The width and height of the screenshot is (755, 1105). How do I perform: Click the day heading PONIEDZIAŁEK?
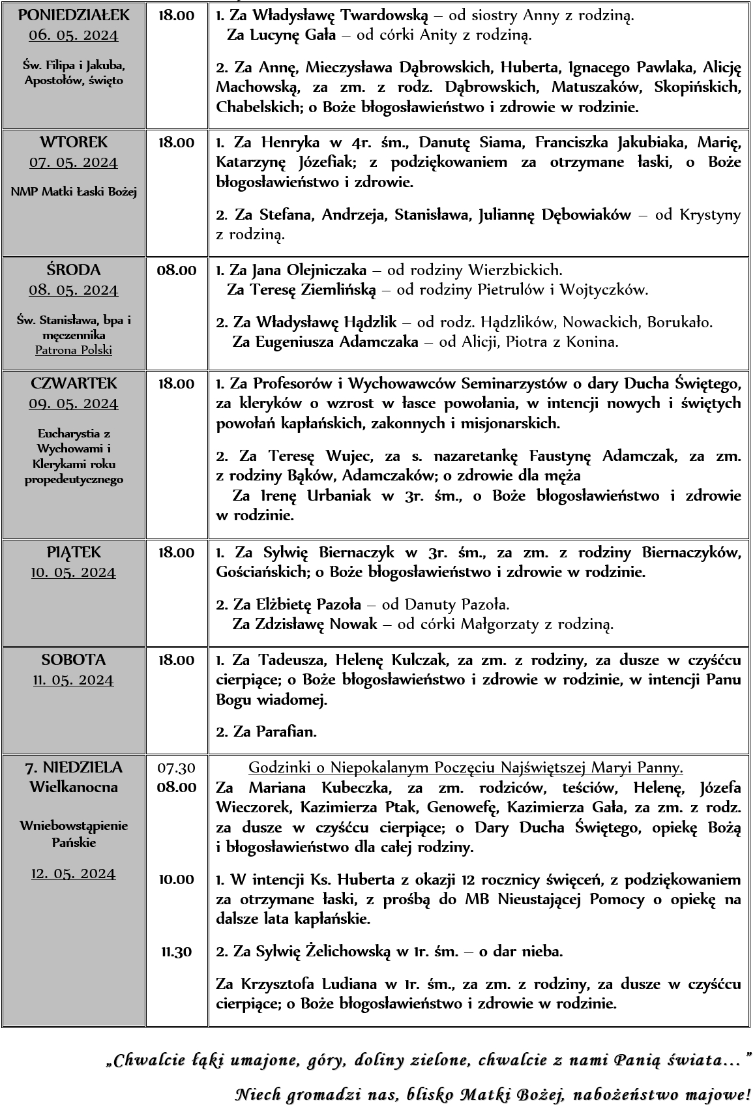pyautogui.click(x=73, y=15)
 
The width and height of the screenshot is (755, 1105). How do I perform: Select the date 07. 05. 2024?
pyautogui.click(x=73, y=162)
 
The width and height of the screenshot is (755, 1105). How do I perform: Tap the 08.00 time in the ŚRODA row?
pyautogui.click(x=176, y=270)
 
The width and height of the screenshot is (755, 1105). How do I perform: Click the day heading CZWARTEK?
pyautogui.click(x=73, y=383)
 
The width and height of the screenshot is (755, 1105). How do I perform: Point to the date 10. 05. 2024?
pyautogui.click(x=73, y=573)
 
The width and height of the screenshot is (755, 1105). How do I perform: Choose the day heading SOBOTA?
pyautogui.click(x=73, y=660)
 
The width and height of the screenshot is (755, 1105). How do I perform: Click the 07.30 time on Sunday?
pyautogui.click(x=176, y=767)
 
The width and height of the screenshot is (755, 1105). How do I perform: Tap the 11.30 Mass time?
pyautogui.click(x=176, y=952)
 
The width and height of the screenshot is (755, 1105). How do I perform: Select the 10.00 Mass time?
pyautogui.click(x=176, y=879)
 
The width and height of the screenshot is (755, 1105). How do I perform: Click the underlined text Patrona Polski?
pyautogui.click(x=73, y=350)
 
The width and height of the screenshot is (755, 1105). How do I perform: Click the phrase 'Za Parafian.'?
pyautogui.click(x=267, y=731)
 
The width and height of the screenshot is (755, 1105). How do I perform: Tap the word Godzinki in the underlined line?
pyautogui.click(x=274, y=767)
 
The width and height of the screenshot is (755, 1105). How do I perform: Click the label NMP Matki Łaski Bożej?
pyautogui.click(x=73, y=192)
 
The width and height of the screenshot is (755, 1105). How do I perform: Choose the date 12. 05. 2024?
pyautogui.click(x=73, y=874)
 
